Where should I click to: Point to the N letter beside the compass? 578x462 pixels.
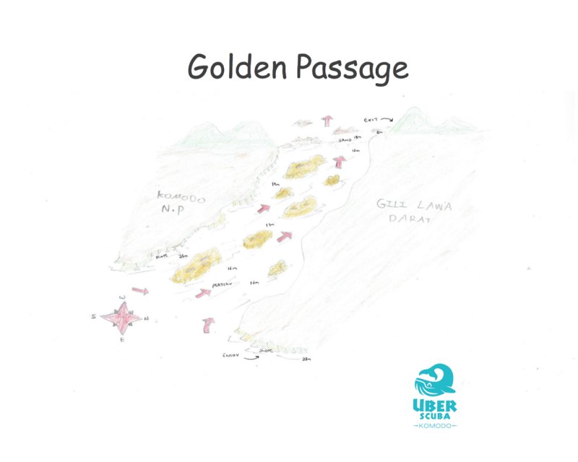(146, 318)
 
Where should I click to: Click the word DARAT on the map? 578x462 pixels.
(410, 220)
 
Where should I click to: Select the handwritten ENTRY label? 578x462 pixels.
(235, 356)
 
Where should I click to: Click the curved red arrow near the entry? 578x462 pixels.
(209, 325)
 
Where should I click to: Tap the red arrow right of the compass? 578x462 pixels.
(141, 292)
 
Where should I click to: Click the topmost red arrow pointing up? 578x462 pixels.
(327, 120)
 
